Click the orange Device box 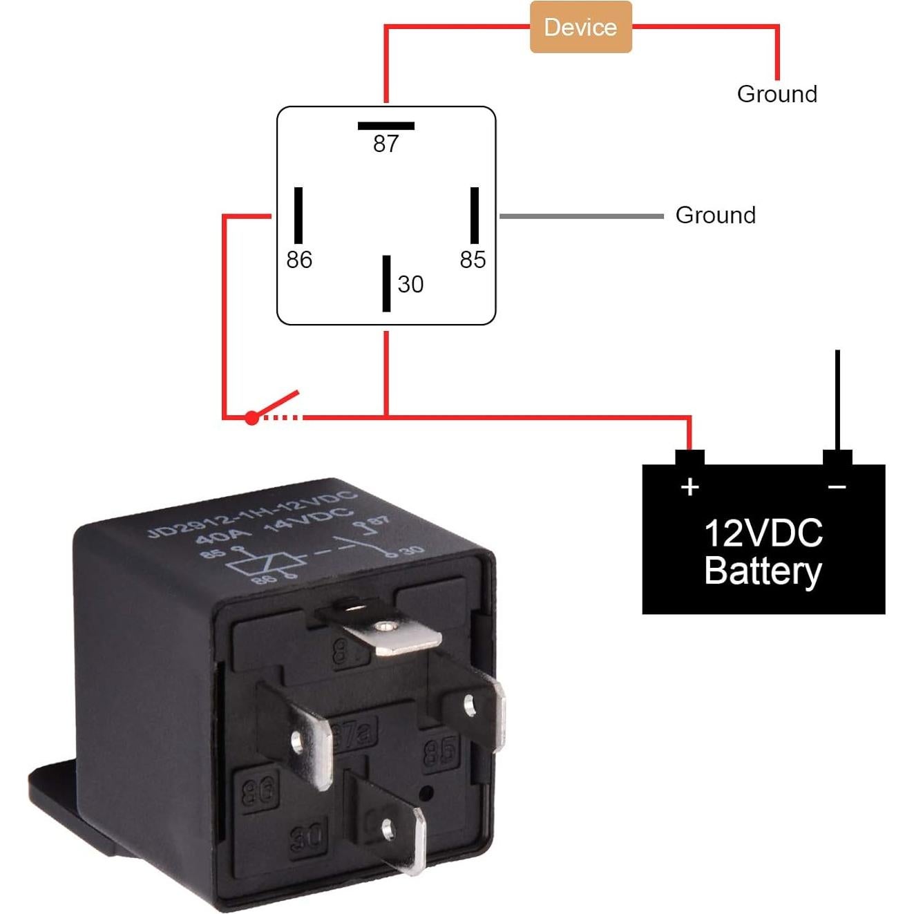pos(580,27)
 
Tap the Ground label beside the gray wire pos(715,215)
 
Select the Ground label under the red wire pos(777,94)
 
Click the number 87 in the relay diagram pos(386,144)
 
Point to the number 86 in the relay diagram pos(299,260)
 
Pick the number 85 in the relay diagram pos(473,260)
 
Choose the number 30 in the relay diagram pos(410,284)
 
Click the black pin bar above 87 pos(386,126)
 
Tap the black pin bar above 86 pos(298,215)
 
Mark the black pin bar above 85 pos(475,215)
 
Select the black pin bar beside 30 pos(386,283)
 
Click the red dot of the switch pos(252,418)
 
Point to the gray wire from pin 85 pos(580,216)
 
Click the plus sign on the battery pos(689,487)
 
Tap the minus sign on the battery pos(837,487)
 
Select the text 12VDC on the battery pos(763,533)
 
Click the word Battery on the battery pos(763,571)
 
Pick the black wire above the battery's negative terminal pos(837,397)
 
